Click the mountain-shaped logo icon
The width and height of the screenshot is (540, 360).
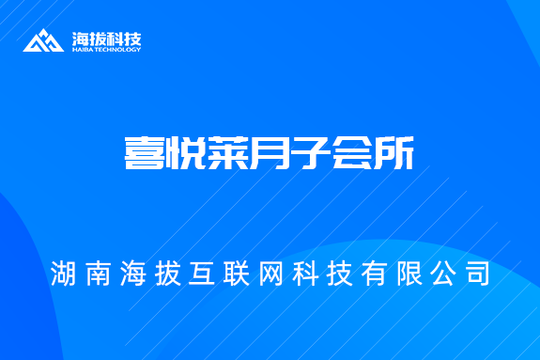point(44,40)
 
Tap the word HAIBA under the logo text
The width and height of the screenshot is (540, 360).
point(82,50)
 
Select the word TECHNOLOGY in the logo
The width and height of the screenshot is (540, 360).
point(117,50)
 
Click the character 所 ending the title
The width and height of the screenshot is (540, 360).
point(393,153)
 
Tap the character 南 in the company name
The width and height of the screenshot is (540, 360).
point(98,274)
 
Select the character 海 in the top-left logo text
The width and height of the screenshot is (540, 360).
point(81,39)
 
